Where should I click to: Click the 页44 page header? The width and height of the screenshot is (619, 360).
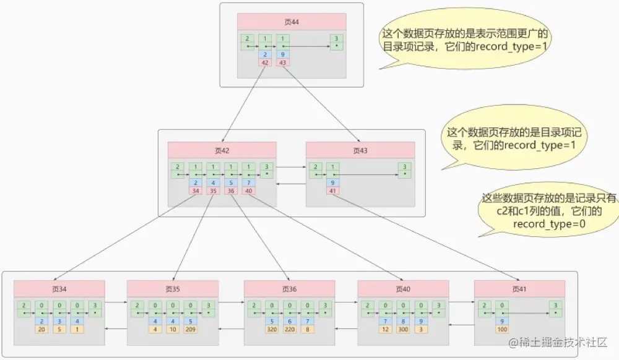point(292,22)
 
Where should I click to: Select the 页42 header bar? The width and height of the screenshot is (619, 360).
point(222,150)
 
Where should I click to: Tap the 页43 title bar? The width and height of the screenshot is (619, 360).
point(360,150)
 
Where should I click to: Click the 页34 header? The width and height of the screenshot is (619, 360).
point(59,289)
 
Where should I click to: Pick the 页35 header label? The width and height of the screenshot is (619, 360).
point(173,289)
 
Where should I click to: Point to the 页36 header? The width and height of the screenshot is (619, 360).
point(289,289)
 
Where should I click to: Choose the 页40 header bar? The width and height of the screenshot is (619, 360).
point(403,289)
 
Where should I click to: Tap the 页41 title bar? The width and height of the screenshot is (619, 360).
point(519,289)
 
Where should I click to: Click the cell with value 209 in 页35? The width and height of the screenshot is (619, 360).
point(191,329)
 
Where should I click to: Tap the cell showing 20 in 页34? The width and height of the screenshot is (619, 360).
point(42,329)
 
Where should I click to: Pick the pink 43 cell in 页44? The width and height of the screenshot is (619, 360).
point(282,62)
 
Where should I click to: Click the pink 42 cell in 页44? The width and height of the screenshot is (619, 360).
point(265,62)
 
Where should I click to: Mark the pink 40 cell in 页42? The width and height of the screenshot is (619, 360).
point(248,191)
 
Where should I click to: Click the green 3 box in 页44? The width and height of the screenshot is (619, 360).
point(336,42)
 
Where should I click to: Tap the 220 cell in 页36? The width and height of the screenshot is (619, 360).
point(289,329)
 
